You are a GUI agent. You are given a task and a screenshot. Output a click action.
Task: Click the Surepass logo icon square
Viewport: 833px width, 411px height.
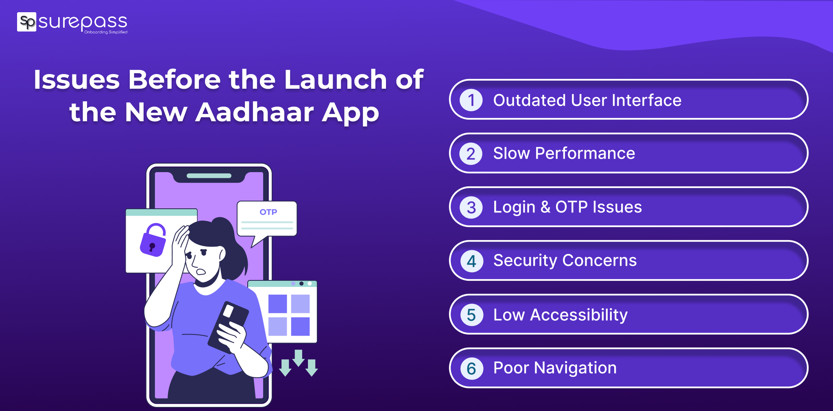27,22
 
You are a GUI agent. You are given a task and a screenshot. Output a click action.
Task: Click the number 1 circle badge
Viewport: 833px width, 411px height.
471,100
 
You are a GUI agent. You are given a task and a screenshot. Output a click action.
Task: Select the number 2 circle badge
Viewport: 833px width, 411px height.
471,154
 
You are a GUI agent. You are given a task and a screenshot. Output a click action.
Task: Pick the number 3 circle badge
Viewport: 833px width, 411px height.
471,208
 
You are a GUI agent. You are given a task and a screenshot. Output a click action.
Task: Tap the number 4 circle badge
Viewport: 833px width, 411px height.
471,261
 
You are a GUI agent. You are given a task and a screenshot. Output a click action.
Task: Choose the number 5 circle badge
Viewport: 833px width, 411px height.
471,315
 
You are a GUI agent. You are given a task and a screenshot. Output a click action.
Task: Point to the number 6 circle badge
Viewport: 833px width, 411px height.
471,369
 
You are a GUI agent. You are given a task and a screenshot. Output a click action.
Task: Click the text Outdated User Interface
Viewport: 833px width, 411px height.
587,100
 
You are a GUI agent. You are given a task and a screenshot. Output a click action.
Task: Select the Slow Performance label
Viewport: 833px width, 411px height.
564,153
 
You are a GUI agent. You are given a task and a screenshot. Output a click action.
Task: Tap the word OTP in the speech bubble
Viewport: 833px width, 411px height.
268,212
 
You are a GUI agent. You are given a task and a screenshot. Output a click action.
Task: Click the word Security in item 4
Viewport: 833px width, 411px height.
525,260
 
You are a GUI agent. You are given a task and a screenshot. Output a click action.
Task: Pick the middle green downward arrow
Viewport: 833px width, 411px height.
299,358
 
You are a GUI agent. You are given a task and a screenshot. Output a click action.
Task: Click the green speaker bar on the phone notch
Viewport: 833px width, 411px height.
209,176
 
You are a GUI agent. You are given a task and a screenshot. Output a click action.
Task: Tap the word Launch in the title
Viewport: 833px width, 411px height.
336,79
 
